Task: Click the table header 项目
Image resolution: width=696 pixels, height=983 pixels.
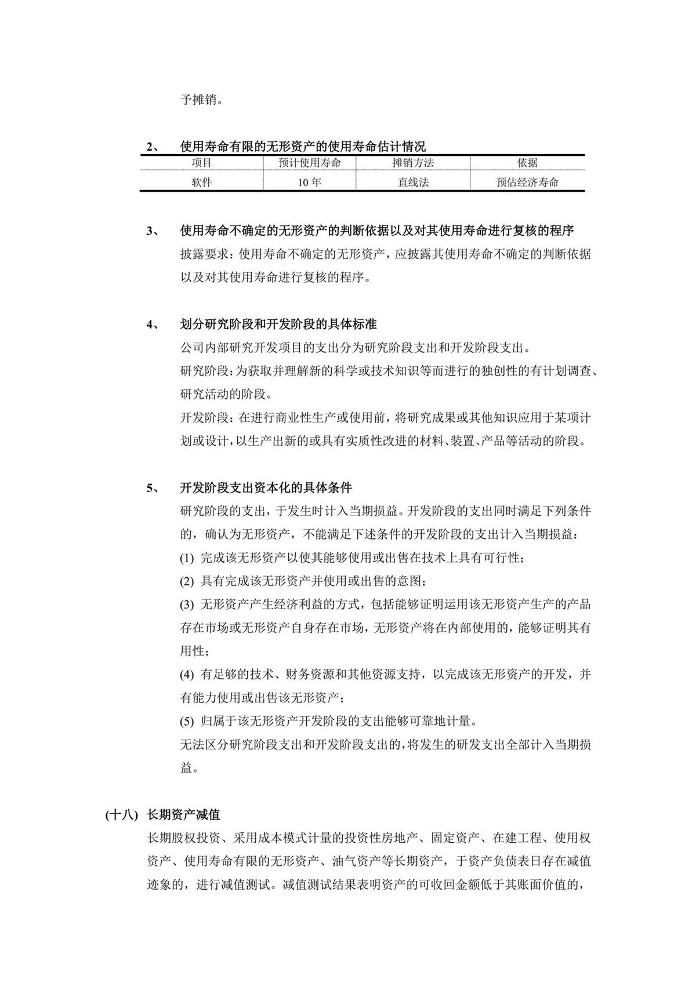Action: point(202,163)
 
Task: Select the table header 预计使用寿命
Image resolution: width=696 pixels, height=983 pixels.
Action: point(310,163)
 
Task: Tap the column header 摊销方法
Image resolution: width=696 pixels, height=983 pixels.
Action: point(413,163)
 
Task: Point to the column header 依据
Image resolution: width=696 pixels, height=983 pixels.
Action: point(527,163)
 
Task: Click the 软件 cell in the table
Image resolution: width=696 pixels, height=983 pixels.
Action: point(202,182)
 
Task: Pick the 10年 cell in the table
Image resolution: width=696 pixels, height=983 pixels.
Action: point(310,182)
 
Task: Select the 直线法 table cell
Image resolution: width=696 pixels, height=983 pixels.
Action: point(413,182)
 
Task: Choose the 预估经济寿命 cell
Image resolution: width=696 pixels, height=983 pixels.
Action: point(527,182)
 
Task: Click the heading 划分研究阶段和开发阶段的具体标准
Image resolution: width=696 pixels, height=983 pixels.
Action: point(278,324)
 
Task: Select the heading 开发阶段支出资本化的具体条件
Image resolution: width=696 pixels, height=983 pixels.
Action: point(266,488)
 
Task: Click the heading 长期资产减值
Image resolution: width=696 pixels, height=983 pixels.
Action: point(184,814)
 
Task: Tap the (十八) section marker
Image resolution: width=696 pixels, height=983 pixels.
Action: point(121,814)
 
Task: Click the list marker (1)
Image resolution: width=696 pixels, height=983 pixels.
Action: point(187,558)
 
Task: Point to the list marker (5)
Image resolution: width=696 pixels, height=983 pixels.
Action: point(187,722)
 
